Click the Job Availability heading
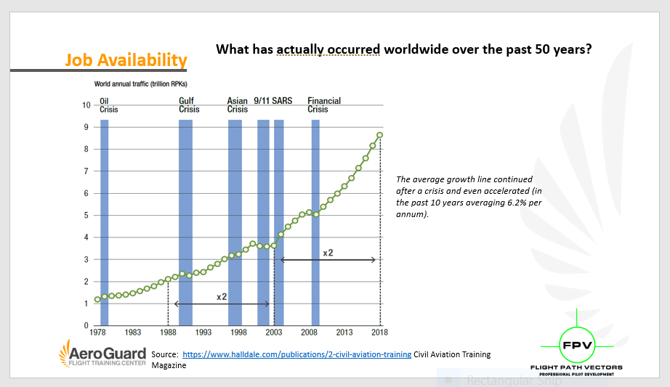coord(126,60)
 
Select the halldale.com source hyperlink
coord(297,354)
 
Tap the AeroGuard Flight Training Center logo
coord(102,354)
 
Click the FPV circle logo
coord(577,345)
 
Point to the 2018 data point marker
coord(379,135)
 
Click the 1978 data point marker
coord(97,299)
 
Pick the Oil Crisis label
coord(108,105)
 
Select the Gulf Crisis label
coord(189,105)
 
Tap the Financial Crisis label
coord(324,105)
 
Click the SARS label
coord(282,101)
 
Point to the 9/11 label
coord(262,101)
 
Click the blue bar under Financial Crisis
coord(315,223)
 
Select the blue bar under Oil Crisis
coord(104,223)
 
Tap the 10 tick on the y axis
coord(86,105)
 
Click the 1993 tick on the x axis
coord(203,332)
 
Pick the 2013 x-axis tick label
coord(344,332)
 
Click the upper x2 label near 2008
coord(328,253)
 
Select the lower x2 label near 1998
coord(222,296)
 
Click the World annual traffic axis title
coord(140,83)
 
